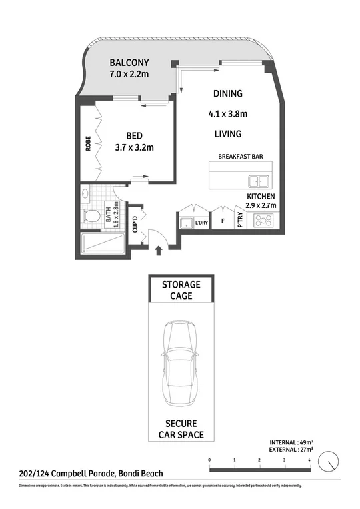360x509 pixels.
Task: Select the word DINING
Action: pyautogui.click(x=227, y=94)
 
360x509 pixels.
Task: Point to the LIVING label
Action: pyautogui.click(x=227, y=134)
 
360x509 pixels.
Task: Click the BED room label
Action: pyautogui.click(x=135, y=135)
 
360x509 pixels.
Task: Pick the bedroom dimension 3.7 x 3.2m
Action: pyautogui.click(x=135, y=147)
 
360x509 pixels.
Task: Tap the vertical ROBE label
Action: pyautogui.click(x=88, y=144)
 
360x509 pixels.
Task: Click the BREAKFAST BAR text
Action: pyautogui.click(x=240, y=157)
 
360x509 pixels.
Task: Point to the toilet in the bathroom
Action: pyautogui.click(x=91, y=217)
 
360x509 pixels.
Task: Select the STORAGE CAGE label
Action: pyautogui.click(x=181, y=290)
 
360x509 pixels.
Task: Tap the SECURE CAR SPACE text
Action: pyautogui.click(x=181, y=430)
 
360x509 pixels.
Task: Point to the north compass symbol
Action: pyautogui.click(x=329, y=461)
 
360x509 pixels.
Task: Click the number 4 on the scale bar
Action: pyautogui.click(x=309, y=460)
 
